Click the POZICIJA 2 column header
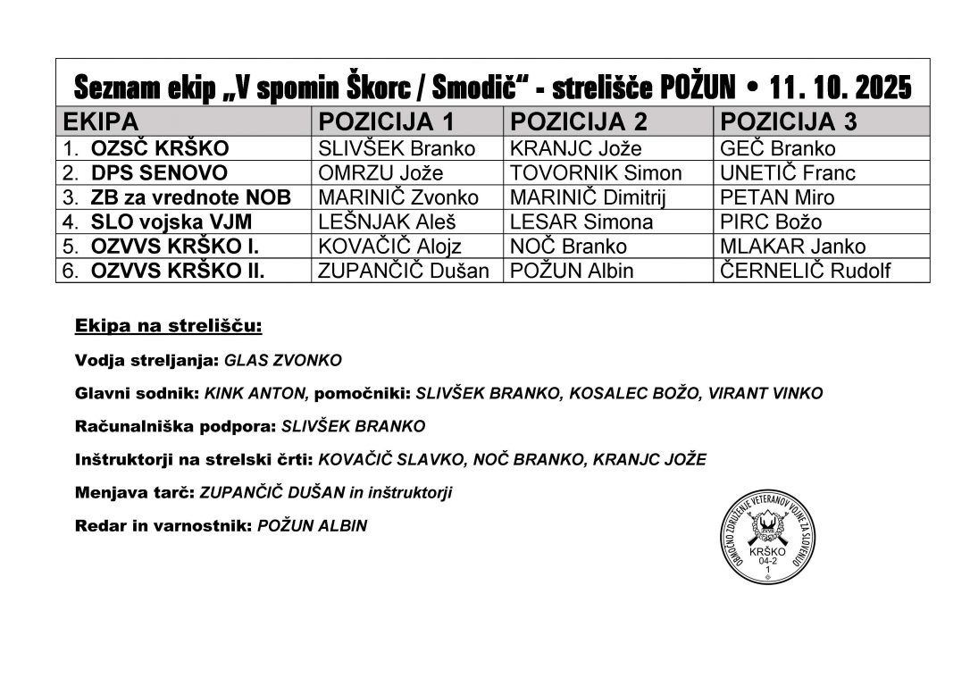[579, 121]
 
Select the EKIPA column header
[98, 121]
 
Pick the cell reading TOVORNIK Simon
[596, 173]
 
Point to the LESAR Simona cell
[581, 222]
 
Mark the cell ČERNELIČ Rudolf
[805, 271]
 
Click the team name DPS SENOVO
[159, 173]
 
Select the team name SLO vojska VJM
[171, 222]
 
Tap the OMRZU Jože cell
[380, 173]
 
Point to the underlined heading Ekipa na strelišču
[169, 326]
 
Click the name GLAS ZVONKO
[282, 360]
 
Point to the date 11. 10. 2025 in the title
[840, 88]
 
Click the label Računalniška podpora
[175, 426]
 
